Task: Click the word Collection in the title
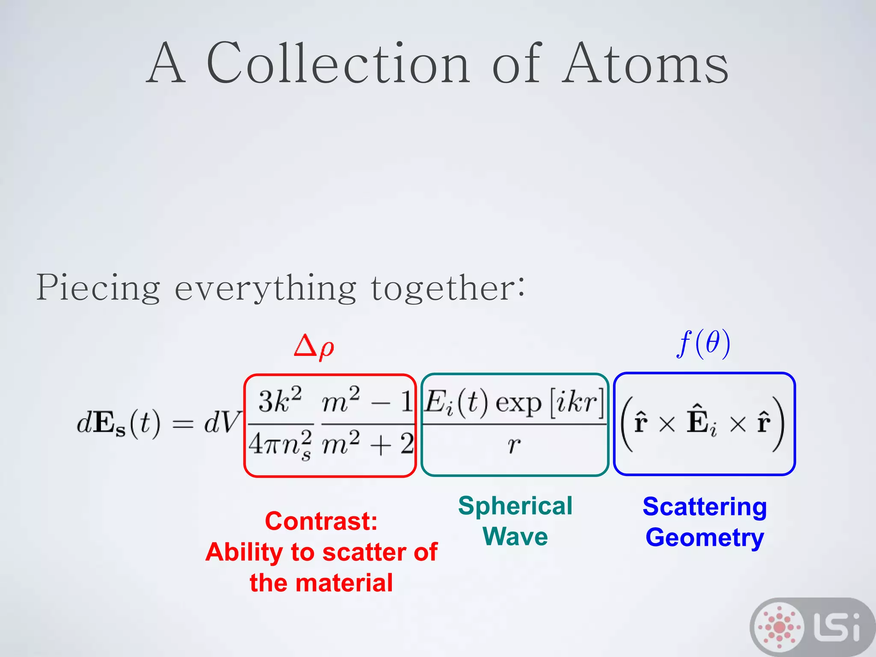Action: (x=338, y=64)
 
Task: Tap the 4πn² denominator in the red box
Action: (x=280, y=445)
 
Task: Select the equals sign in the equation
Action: (x=183, y=424)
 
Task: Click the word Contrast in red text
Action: (x=321, y=521)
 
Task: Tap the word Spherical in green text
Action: (x=515, y=506)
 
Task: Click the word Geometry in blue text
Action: (x=704, y=538)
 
